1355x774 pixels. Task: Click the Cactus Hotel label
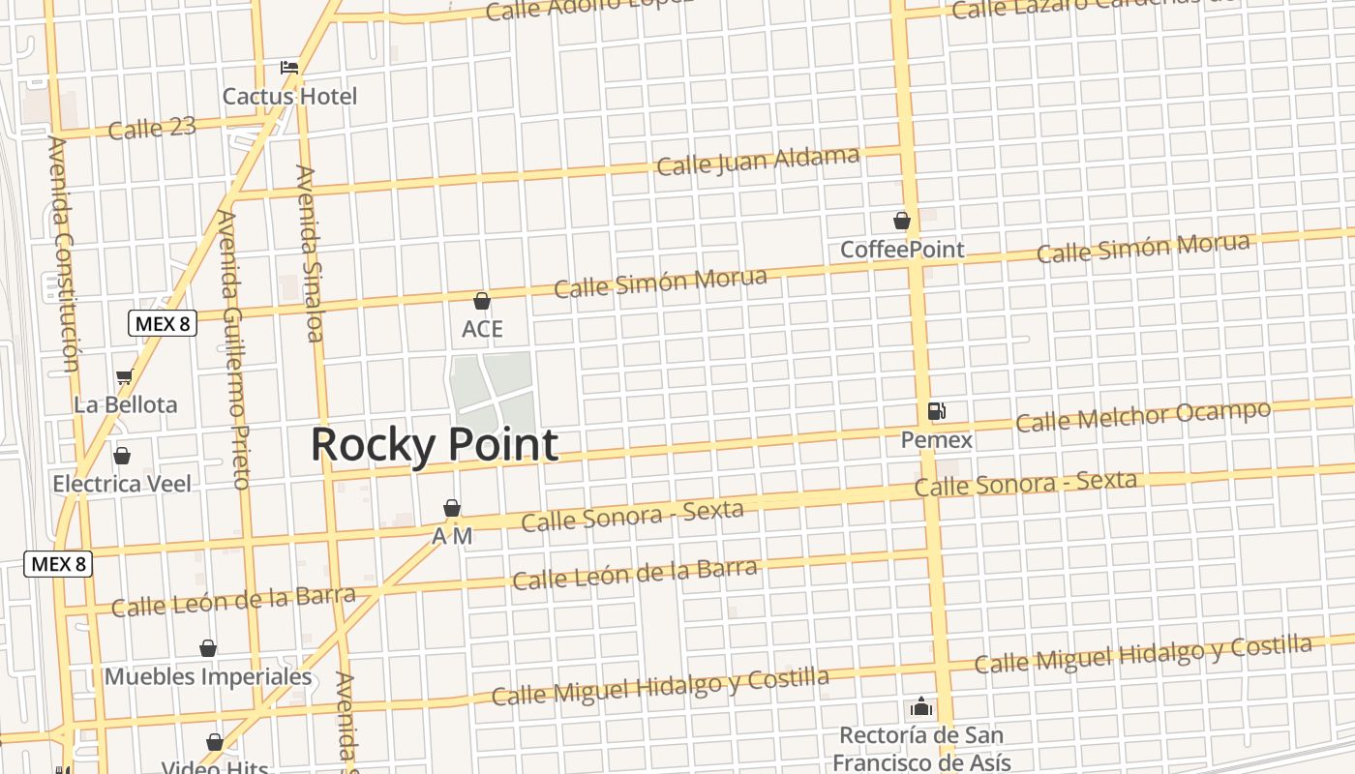click(289, 97)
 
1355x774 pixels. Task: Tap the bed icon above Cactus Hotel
click(289, 68)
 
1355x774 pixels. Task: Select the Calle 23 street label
click(152, 128)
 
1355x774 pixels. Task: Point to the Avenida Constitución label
click(61, 253)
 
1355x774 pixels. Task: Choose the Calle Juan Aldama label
click(758, 161)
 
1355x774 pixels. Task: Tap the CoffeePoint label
click(902, 250)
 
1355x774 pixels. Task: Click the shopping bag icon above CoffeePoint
click(902, 221)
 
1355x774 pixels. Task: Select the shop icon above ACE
click(482, 301)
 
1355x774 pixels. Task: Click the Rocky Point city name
click(435, 444)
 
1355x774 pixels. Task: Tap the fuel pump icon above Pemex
click(936, 411)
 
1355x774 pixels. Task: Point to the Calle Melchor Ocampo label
click(1142, 416)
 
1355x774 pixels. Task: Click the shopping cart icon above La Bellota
click(124, 376)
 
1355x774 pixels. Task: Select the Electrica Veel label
click(122, 483)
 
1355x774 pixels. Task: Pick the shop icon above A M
click(451, 508)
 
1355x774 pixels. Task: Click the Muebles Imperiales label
click(208, 676)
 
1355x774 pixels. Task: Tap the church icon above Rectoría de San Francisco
click(921, 707)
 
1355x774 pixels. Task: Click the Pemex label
click(936, 440)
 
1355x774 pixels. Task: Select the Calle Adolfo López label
click(588, 10)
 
